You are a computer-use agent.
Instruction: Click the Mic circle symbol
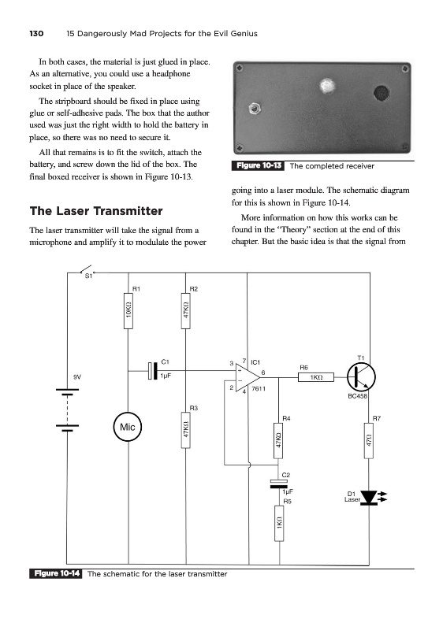tap(128, 426)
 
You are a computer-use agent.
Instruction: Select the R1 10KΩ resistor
tap(128, 310)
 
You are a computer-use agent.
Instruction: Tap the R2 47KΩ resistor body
tap(186, 310)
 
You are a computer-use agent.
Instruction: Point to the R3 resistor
tap(186, 429)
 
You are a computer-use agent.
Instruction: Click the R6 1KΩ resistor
tap(316, 377)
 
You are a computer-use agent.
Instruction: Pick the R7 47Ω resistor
tap(369, 440)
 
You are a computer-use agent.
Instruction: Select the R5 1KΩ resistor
tap(279, 523)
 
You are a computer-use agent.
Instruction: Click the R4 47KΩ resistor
tap(278, 440)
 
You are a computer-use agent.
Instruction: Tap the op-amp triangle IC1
tap(248, 377)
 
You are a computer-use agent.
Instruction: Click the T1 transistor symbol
tap(361, 377)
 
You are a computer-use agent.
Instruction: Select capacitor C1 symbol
tap(152, 370)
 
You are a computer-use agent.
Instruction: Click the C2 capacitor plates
tap(279, 484)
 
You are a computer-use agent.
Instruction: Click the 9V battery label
tap(76, 377)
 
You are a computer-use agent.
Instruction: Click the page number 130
tap(36, 33)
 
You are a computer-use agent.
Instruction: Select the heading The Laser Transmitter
tap(96, 211)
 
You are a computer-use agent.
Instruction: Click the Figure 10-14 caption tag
tap(55, 573)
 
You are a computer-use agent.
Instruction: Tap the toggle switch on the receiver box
tap(254, 108)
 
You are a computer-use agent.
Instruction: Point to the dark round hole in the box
tap(381, 92)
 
